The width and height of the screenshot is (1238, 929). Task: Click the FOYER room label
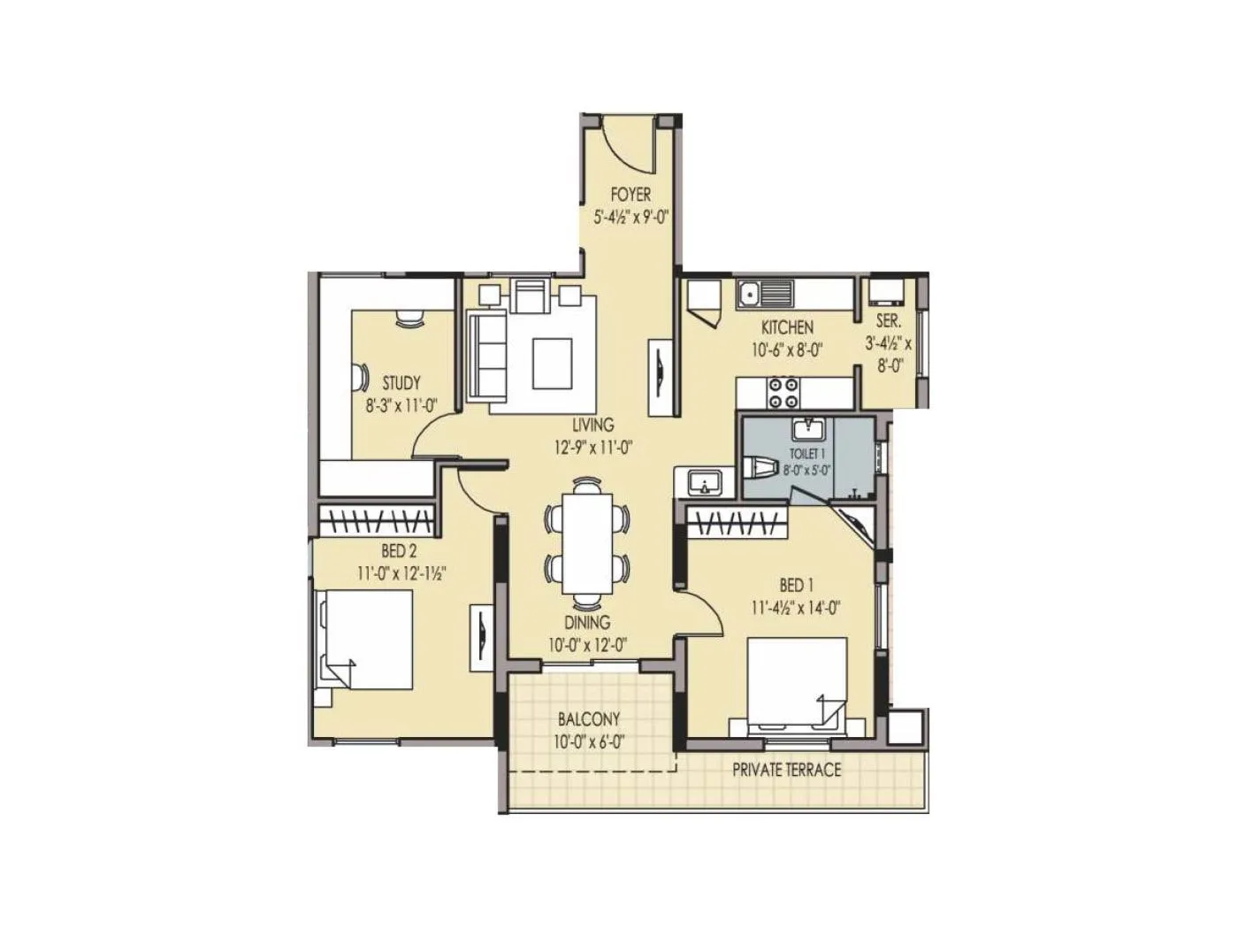coord(630,195)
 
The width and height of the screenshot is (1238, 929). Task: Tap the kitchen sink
coord(766,292)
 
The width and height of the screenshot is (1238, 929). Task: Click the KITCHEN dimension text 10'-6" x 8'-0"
coord(787,349)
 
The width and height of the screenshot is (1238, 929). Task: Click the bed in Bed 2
coord(365,640)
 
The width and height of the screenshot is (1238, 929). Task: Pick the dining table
coord(588,542)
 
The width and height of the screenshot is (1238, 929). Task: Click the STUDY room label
coord(401,384)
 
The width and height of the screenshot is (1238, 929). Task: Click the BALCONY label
coord(588,719)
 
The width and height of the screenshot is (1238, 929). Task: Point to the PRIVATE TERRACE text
coord(786,770)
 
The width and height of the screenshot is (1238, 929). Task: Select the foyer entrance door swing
coord(630,146)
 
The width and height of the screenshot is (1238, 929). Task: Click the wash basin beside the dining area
coord(703,483)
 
